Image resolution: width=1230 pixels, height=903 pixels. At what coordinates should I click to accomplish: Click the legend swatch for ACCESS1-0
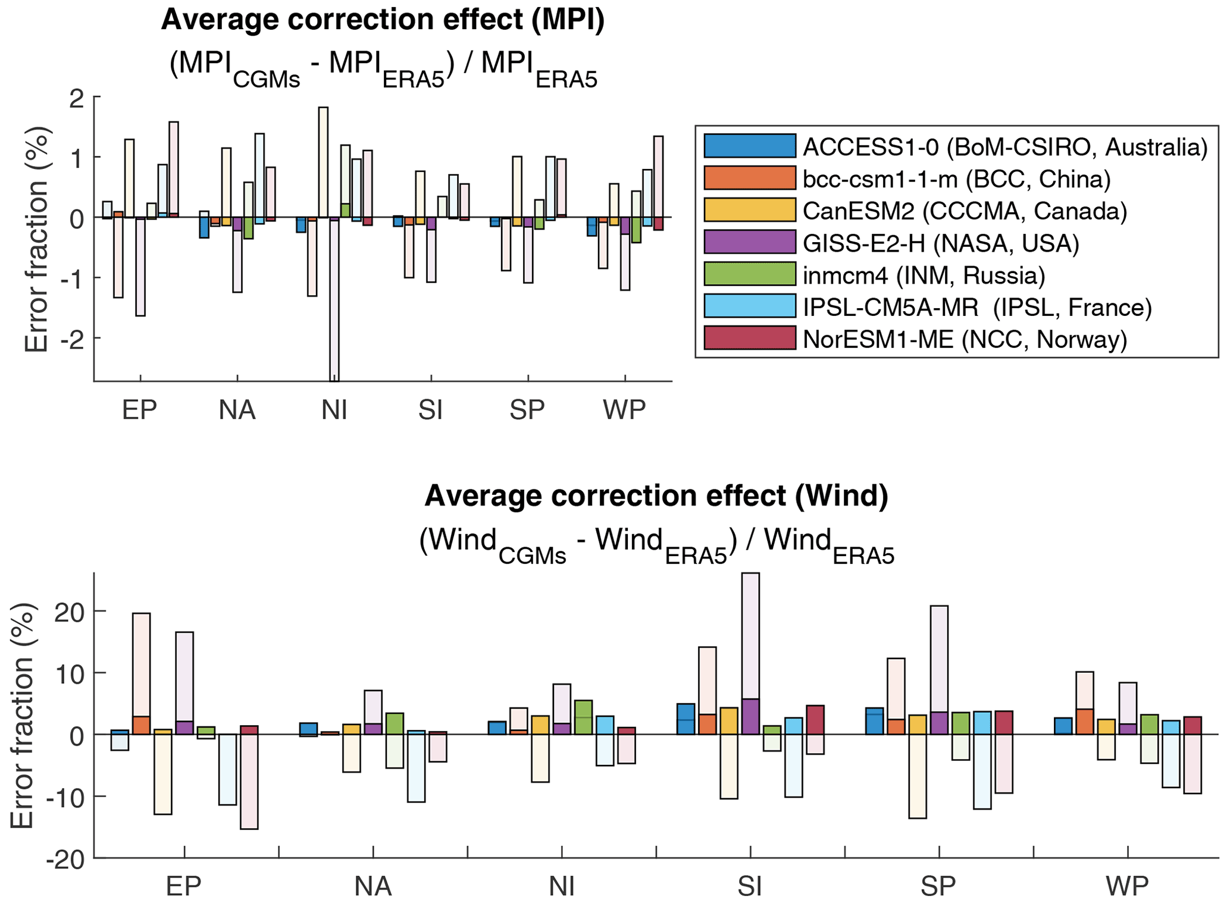point(749,146)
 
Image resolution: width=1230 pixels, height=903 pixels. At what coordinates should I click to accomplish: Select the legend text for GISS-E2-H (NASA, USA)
point(940,243)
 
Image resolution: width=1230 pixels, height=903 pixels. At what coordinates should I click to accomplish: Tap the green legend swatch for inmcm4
point(749,274)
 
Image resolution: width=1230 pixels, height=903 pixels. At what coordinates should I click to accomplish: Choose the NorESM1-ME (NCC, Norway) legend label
point(965,339)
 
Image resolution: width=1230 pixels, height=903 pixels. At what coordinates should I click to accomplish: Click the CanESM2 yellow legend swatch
point(749,210)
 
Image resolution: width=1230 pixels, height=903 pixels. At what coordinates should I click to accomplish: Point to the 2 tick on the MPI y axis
point(77,98)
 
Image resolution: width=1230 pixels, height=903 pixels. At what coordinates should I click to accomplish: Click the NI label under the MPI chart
point(334,410)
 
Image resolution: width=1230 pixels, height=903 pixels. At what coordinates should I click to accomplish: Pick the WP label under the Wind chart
point(1126,886)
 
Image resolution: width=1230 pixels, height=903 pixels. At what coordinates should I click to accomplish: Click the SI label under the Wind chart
point(749,886)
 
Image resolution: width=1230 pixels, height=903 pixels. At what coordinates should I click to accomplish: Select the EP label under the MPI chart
point(139,410)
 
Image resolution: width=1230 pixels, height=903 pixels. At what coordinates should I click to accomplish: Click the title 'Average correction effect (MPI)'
point(383,20)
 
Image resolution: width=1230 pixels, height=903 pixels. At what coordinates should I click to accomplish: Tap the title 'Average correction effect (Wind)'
point(656,496)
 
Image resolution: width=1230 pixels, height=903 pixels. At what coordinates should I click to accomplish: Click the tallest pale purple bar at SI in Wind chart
point(750,637)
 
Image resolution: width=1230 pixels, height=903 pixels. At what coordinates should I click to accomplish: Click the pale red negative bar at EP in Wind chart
point(249,782)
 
